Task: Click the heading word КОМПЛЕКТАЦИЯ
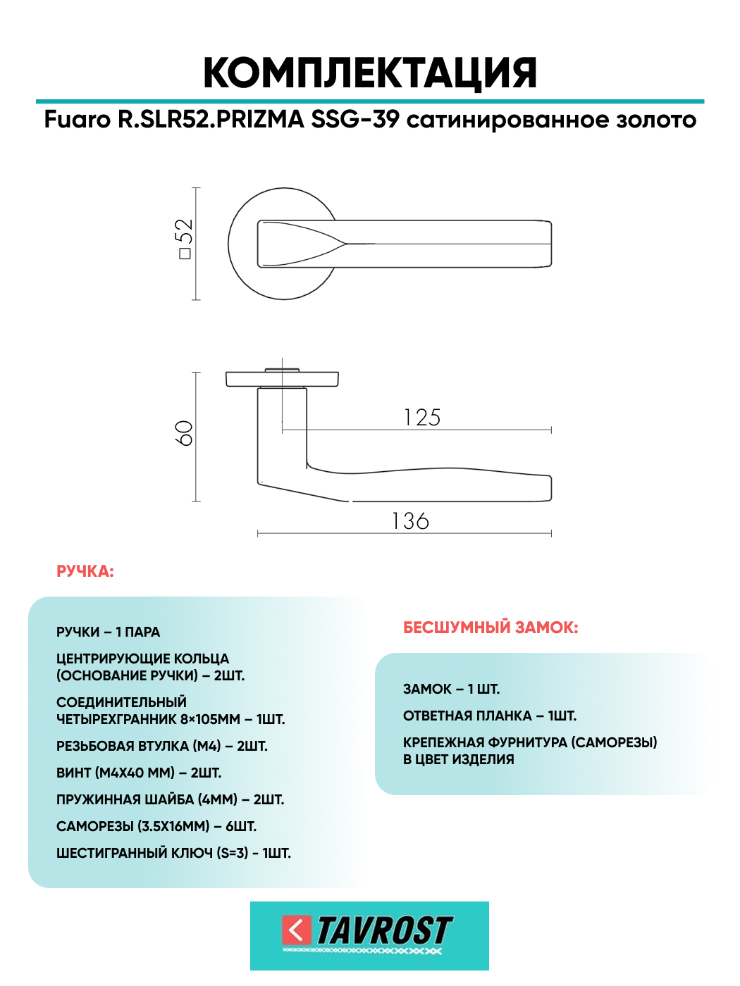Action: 370,73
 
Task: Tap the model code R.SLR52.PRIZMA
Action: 210,120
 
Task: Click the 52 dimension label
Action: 184,238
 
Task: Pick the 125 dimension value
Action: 422,418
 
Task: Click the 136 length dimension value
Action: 410,521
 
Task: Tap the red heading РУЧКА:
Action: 85,571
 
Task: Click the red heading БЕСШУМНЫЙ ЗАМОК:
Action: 491,628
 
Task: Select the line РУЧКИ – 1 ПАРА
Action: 108,632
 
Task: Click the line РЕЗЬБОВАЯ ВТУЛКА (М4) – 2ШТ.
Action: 162,746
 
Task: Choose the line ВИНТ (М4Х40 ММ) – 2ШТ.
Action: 139,773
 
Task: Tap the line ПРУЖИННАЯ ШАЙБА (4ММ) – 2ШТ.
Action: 170,799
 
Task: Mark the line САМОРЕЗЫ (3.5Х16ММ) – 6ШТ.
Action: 156,826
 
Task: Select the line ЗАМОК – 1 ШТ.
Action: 451,689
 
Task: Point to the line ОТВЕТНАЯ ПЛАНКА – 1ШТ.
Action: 490,716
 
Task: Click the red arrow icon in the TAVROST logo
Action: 297,930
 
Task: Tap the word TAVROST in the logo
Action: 384,930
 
